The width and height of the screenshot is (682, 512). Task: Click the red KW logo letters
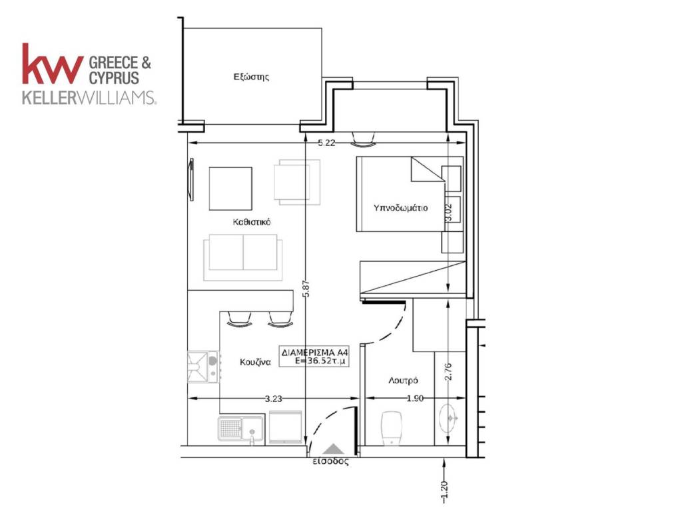(x=53, y=63)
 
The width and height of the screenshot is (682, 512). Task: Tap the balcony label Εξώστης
(x=251, y=77)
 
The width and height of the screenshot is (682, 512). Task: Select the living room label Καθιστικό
(x=251, y=222)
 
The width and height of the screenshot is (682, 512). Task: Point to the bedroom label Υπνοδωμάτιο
(x=400, y=208)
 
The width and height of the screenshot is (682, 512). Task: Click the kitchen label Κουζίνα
(x=255, y=362)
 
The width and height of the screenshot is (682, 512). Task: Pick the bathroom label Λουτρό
(x=403, y=381)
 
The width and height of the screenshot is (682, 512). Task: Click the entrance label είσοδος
(x=330, y=461)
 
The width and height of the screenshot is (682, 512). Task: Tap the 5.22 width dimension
(x=326, y=143)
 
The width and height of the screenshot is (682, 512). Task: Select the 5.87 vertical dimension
(x=306, y=288)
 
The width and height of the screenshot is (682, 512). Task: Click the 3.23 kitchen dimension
(x=273, y=398)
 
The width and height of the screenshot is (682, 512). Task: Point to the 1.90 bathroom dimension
(x=415, y=398)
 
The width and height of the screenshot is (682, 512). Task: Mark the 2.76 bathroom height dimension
(x=449, y=371)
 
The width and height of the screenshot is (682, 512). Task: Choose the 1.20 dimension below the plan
(x=444, y=491)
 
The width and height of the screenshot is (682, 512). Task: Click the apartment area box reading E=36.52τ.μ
(x=314, y=356)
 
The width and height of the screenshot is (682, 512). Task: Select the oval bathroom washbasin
(x=448, y=419)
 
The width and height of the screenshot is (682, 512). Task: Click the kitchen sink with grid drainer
(x=240, y=430)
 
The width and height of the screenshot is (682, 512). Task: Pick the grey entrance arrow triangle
(x=333, y=450)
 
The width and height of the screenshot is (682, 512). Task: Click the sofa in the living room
(x=242, y=257)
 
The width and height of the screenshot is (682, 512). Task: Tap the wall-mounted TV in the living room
(x=190, y=179)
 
